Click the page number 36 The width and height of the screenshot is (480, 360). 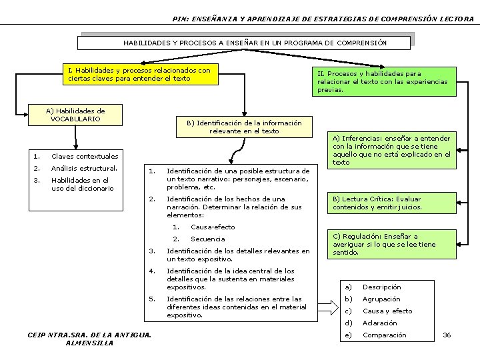(447, 335)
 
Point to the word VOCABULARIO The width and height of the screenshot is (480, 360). (75, 119)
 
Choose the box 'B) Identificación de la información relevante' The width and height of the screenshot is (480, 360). (244, 127)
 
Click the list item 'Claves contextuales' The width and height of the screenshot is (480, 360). (85, 156)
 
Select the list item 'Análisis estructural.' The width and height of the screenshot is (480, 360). (84, 168)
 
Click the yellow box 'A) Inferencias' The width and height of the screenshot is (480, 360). (392, 151)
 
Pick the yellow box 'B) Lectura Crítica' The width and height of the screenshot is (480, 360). (378, 203)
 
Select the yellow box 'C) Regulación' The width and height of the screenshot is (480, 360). (384, 244)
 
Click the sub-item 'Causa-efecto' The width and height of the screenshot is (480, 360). (213, 227)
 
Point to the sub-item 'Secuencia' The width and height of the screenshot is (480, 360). (208, 239)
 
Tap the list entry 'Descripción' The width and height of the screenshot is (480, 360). (381, 287)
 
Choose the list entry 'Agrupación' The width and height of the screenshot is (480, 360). (381, 299)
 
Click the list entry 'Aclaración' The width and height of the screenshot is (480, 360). (379, 323)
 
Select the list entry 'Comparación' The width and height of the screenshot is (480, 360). (384, 335)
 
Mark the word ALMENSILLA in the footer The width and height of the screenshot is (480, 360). (90, 343)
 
